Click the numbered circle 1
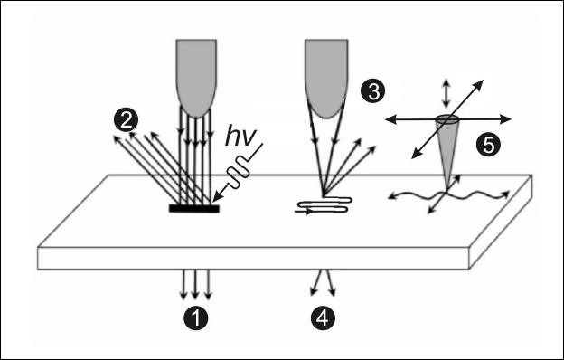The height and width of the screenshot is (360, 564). pyautogui.click(x=196, y=318)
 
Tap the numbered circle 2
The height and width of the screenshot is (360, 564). pyautogui.click(x=126, y=120)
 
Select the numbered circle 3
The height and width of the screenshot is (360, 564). pyautogui.click(x=373, y=90)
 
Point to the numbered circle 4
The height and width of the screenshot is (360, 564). pyautogui.click(x=323, y=318)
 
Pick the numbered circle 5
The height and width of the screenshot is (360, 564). pyautogui.click(x=488, y=145)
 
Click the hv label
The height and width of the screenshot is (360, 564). pyautogui.click(x=240, y=137)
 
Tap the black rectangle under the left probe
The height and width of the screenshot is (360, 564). pyautogui.click(x=193, y=208)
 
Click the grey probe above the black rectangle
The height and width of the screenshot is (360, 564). pyautogui.click(x=196, y=78)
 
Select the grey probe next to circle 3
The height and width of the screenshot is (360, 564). pyautogui.click(x=326, y=79)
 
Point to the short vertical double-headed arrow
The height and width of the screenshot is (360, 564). pyautogui.click(x=446, y=93)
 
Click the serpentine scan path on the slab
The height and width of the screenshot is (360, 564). pyautogui.click(x=323, y=205)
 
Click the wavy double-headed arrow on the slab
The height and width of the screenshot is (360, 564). pyautogui.click(x=449, y=196)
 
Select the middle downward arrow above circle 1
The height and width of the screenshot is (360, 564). pyautogui.click(x=195, y=284)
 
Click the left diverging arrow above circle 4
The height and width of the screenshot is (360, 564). pyautogui.click(x=316, y=283)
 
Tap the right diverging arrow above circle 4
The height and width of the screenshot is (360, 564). pyautogui.click(x=331, y=283)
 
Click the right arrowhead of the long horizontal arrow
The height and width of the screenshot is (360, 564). pyautogui.click(x=506, y=119)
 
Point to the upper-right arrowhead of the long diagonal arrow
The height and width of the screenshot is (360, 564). pyautogui.click(x=479, y=85)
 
